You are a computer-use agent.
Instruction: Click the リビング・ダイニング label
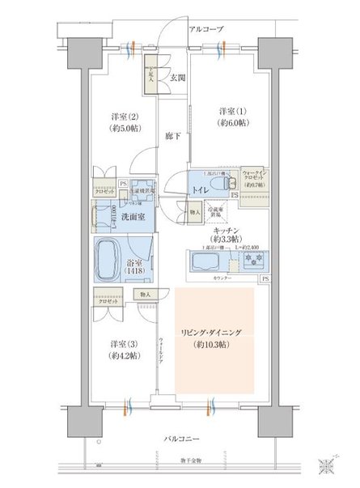click(214, 333)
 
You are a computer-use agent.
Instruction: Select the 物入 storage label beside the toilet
click(193, 212)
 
